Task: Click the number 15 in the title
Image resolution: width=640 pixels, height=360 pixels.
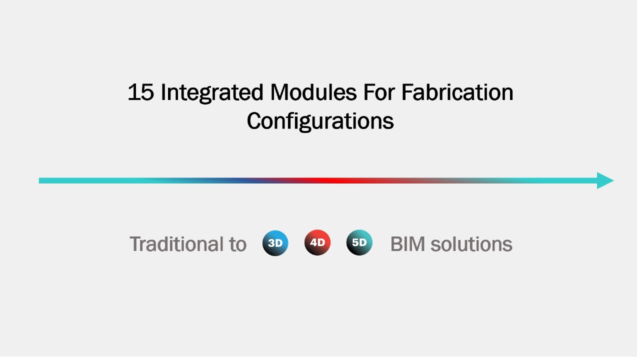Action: [141, 92]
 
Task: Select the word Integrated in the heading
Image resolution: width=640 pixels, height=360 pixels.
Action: [212, 93]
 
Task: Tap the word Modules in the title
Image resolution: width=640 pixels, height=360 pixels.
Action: [313, 92]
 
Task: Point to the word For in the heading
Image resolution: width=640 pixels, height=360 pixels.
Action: [379, 92]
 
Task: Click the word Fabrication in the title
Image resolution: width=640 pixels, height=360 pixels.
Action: [457, 92]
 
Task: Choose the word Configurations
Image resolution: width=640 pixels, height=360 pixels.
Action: [320, 121]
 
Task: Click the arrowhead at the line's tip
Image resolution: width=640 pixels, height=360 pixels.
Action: [605, 181]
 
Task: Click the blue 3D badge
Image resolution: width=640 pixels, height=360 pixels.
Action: [275, 243]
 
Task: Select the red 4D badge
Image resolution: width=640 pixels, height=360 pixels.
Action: [317, 243]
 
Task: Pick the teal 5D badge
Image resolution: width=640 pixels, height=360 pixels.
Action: [359, 243]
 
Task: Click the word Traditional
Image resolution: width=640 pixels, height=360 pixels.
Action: [177, 244]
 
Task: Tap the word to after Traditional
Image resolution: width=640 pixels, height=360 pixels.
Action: [237, 245]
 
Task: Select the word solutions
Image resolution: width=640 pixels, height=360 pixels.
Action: [471, 244]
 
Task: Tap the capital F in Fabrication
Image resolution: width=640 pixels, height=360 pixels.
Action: [406, 92]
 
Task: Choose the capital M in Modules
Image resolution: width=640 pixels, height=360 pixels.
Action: [279, 92]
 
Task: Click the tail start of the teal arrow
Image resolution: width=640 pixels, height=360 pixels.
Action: [39, 181]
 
